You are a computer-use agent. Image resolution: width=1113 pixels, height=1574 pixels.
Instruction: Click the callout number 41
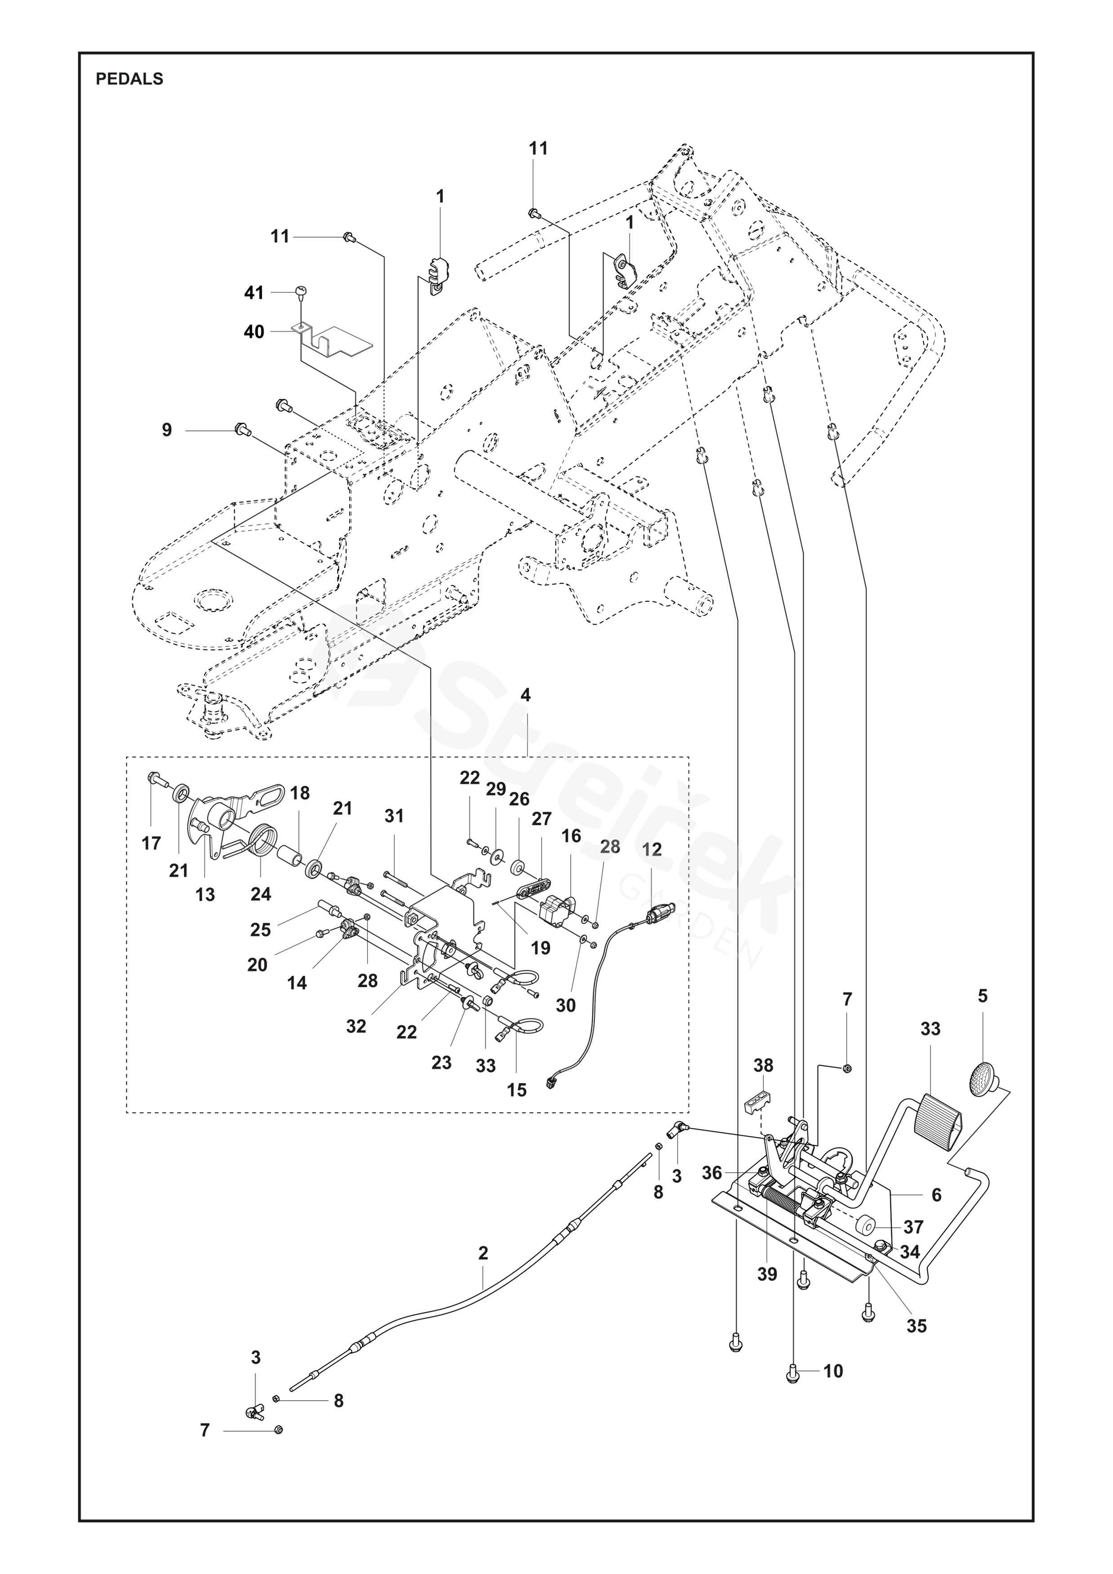[254, 293]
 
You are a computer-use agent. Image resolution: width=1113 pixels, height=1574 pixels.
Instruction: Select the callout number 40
[254, 332]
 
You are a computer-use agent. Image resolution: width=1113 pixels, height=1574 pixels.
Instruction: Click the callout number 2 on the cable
[483, 1253]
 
